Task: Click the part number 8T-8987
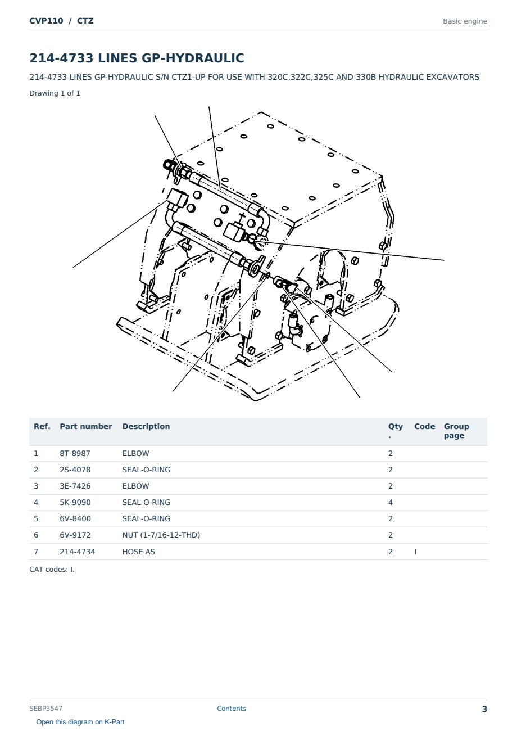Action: coord(75,453)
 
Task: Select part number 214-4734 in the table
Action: coord(78,552)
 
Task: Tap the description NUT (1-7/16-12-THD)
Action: coord(161,535)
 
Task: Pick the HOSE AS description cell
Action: coord(139,552)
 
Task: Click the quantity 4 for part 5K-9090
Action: coord(391,502)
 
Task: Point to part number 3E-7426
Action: coord(75,486)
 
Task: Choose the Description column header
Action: coord(146,426)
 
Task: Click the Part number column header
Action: coord(86,426)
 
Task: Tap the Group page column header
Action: coord(456,431)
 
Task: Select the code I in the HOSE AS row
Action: coord(415,552)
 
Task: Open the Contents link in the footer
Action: coord(232,709)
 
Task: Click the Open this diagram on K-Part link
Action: coord(80,722)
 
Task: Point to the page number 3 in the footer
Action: coord(484,709)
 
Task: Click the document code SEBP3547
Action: coord(46,709)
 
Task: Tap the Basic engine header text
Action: coord(465,21)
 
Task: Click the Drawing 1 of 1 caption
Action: coord(55,93)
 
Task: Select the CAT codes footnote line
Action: coord(52,570)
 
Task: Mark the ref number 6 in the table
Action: coord(36,535)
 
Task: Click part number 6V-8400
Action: coord(75,518)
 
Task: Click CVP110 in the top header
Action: coord(46,21)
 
